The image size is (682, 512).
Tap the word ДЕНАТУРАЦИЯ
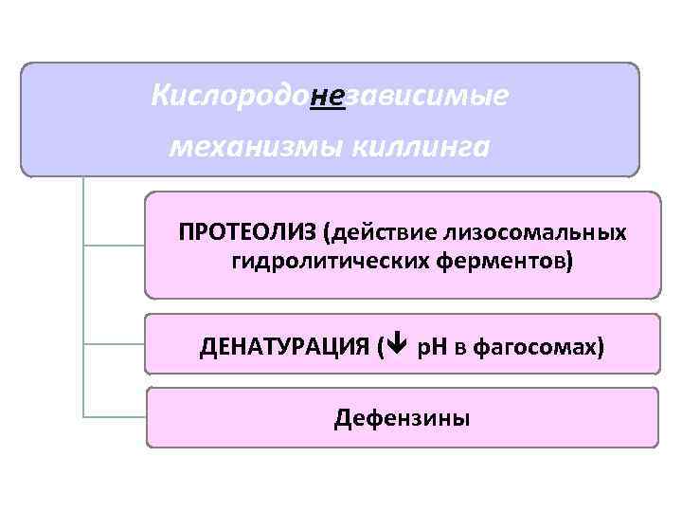point(284,347)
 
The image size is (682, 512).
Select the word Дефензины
point(402,417)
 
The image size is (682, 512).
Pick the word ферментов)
point(512,260)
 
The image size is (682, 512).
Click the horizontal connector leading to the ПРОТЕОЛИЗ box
point(114,245)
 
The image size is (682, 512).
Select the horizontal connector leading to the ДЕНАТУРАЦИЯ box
point(114,342)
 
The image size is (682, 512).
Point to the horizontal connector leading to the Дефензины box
point(114,415)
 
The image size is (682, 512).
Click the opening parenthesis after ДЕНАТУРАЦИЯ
point(382,347)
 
